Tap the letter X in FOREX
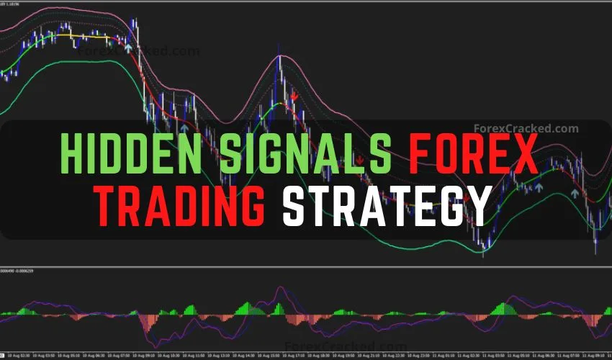coord(523,153)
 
